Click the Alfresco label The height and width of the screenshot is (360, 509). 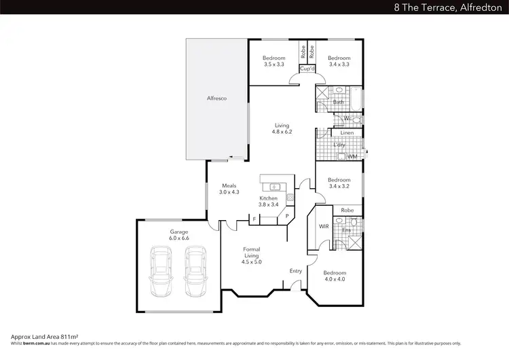pos(216,99)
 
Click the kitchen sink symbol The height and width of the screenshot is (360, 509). pos(276,186)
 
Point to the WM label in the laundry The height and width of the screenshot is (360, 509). pos(352,157)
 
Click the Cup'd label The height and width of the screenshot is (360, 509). pos(307,69)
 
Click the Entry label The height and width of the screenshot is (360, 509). pos(296,271)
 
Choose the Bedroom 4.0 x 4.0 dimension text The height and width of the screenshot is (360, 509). pos(335,279)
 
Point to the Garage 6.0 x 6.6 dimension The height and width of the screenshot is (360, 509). pos(179,238)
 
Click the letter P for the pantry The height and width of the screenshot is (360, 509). pos(286,217)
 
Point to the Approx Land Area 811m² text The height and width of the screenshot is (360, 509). pos(45,336)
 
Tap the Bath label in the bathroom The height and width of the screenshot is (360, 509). pos(337,103)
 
